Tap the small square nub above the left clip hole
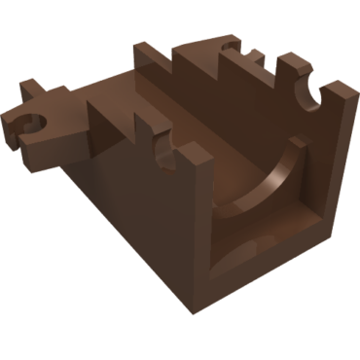tap(31, 90)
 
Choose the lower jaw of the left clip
tap(29, 146)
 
